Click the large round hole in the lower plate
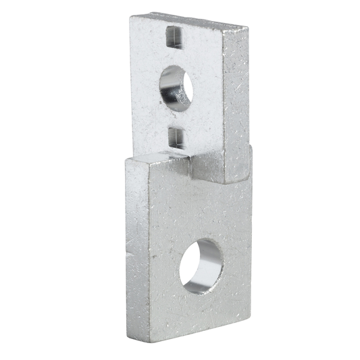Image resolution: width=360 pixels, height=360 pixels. tap(201, 265)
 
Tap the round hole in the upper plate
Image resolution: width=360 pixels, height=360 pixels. tap(176, 87)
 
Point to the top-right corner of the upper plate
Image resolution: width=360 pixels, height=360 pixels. tap(248, 28)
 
